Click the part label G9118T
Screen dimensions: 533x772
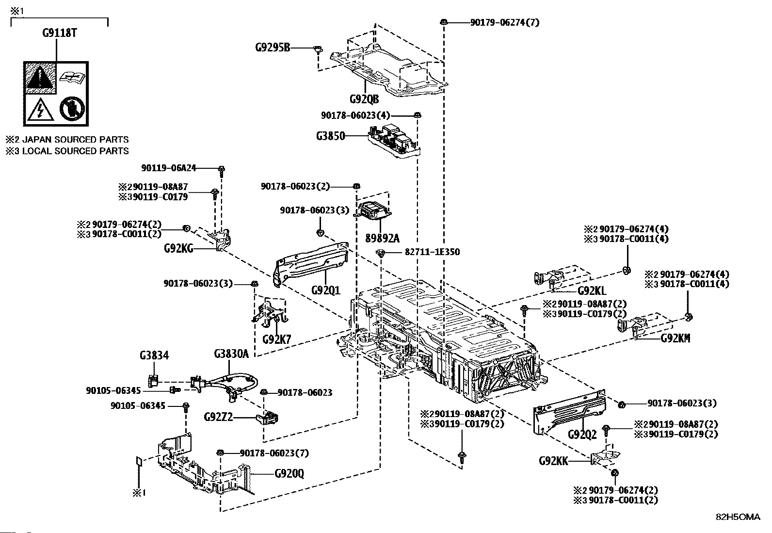pyautogui.click(x=60, y=33)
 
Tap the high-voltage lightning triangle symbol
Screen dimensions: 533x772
pyautogui.click(x=40, y=110)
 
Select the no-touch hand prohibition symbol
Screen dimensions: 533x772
pyautogui.click(x=71, y=110)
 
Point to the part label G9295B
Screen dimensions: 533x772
pyautogui.click(x=273, y=48)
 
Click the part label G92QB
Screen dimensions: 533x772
pyautogui.click(x=364, y=99)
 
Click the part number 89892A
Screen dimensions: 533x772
pyautogui.click(x=383, y=238)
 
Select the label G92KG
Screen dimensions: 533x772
pyautogui.click(x=178, y=249)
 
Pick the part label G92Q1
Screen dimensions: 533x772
pyautogui.click(x=325, y=290)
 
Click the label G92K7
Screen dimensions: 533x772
pyautogui.click(x=276, y=339)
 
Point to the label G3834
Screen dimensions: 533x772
pyautogui.click(x=154, y=356)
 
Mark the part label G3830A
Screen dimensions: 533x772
pyautogui.click(x=231, y=354)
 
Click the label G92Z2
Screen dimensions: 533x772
pyautogui.click(x=219, y=417)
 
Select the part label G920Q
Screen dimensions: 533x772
pyautogui.click(x=289, y=473)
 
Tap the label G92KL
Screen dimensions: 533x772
pyautogui.click(x=592, y=291)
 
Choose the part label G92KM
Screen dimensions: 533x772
pyautogui.click(x=675, y=338)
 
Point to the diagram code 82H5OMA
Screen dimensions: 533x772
pyautogui.click(x=738, y=517)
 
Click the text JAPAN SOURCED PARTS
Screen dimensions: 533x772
pyautogui.click(x=76, y=140)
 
